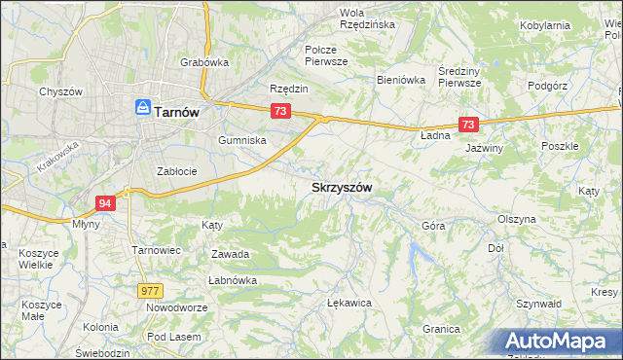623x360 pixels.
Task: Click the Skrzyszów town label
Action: [x=342, y=186]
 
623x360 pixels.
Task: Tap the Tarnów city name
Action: [x=176, y=112]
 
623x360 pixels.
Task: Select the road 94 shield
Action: [x=106, y=202]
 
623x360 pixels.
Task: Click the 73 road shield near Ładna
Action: [x=468, y=125]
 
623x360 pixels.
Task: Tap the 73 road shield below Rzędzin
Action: [x=280, y=112]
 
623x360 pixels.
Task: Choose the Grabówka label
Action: [x=203, y=62]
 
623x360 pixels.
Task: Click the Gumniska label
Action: [x=242, y=140]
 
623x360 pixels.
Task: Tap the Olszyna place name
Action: [x=516, y=219]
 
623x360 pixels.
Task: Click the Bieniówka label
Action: [x=401, y=81]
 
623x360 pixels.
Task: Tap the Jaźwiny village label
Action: [x=484, y=148]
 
